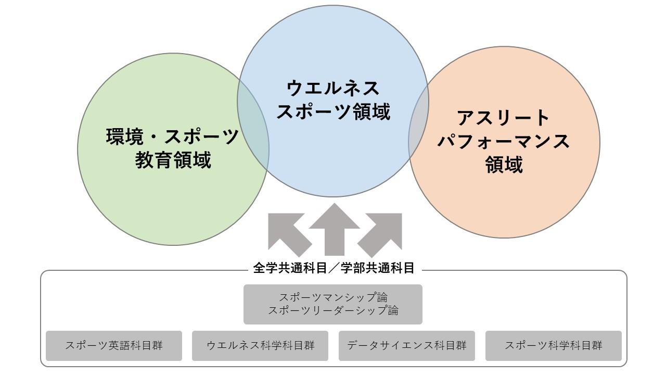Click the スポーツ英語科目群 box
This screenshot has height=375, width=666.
click(114, 345)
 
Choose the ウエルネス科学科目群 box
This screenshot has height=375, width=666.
click(260, 345)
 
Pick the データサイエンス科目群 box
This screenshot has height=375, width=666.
click(407, 345)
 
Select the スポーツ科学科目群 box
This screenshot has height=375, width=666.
click(553, 345)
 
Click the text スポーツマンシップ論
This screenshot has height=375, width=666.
click(333, 297)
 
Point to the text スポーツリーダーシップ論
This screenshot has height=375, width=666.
click(333, 310)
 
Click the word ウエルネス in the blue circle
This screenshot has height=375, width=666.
click(333, 87)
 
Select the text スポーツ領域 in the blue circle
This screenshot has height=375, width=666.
click(333, 111)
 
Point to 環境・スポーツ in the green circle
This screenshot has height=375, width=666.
click(173, 136)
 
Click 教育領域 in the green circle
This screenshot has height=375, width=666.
click(173, 160)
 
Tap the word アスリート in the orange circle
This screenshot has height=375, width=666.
click(503, 118)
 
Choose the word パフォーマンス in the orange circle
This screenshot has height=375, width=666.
click(503, 141)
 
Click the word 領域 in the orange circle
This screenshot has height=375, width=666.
click(503, 165)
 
